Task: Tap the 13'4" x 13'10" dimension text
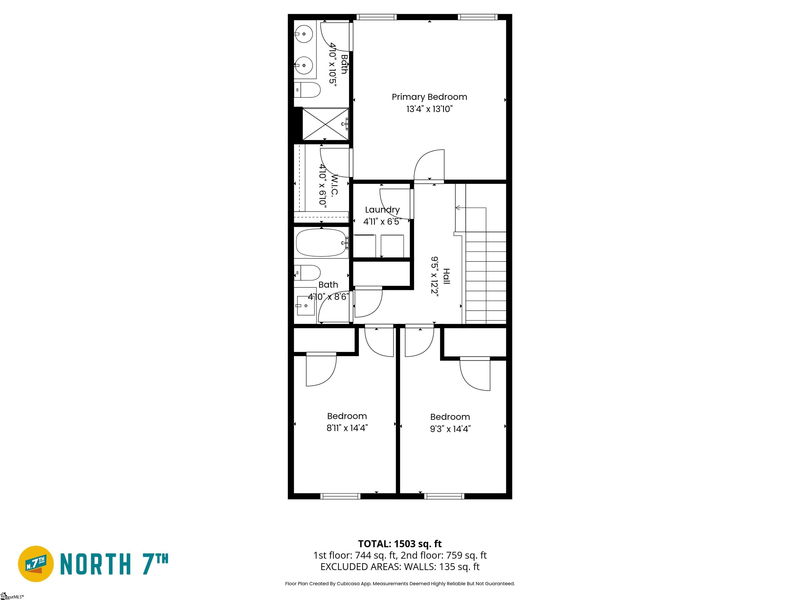pyautogui.click(x=429, y=109)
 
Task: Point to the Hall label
pyautogui.click(x=447, y=276)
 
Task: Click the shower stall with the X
pyautogui.click(x=325, y=124)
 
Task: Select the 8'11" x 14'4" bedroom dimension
pyautogui.click(x=347, y=428)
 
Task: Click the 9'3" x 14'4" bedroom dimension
pyautogui.click(x=450, y=429)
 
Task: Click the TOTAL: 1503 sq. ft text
pyautogui.click(x=400, y=544)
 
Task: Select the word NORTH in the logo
pyautogui.click(x=95, y=564)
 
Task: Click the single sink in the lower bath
pyautogui.click(x=306, y=306)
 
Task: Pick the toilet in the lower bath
pyautogui.click(x=307, y=273)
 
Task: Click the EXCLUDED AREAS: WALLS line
pyautogui.click(x=400, y=567)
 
